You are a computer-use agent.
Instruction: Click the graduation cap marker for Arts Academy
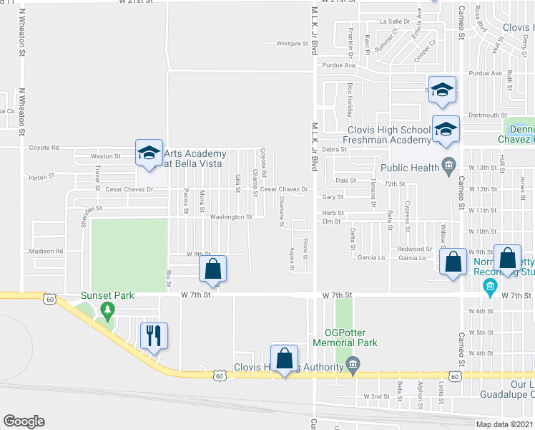pyautogui.click(x=149, y=153)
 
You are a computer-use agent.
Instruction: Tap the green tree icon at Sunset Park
pyautogui.click(x=107, y=311)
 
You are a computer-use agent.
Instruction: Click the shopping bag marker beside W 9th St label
pyautogui.click(x=212, y=269)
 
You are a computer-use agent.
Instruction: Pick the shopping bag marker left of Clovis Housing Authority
pyautogui.click(x=284, y=358)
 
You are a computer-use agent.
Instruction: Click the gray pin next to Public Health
pyautogui.click(x=448, y=166)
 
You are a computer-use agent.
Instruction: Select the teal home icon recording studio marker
pyautogui.click(x=490, y=288)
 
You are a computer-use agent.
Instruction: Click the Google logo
pyautogui.click(x=24, y=421)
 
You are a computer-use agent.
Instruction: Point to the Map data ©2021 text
pyautogui.click(x=505, y=424)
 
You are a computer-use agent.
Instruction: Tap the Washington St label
pyautogui.click(x=231, y=216)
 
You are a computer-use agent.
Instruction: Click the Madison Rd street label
pyautogui.click(x=46, y=252)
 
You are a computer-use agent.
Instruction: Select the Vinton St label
pyautogui.click(x=42, y=176)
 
